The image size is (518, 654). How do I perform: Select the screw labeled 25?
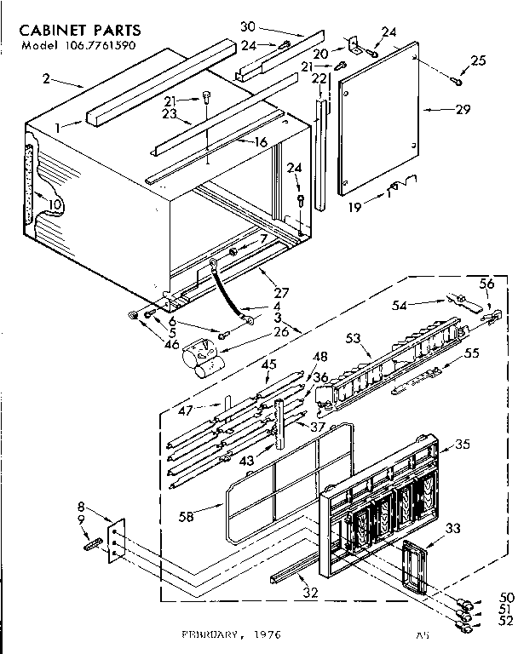[x=456, y=81]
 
